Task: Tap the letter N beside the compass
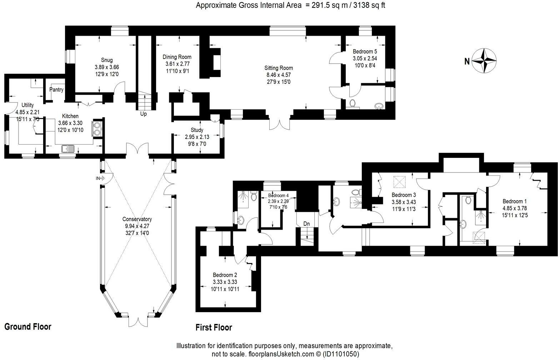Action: (x=467, y=61)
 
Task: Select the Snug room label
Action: (x=106, y=60)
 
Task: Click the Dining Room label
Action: (x=177, y=57)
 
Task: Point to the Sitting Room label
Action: (x=279, y=68)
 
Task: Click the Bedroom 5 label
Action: (x=365, y=51)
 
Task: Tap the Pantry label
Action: (x=56, y=90)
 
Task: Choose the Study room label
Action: (x=197, y=130)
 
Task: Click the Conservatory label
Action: (x=137, y=219)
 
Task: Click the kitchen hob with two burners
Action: (x=97, y=128)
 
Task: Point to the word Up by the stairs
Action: (x=143, y=114)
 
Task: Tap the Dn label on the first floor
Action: (x=306, y=224)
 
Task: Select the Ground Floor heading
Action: (x=28, y=326)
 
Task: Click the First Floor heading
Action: (x=214, y=327)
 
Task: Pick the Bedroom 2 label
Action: (x=225, y=275)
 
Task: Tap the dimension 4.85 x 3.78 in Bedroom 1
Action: (x=515, y=208)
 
